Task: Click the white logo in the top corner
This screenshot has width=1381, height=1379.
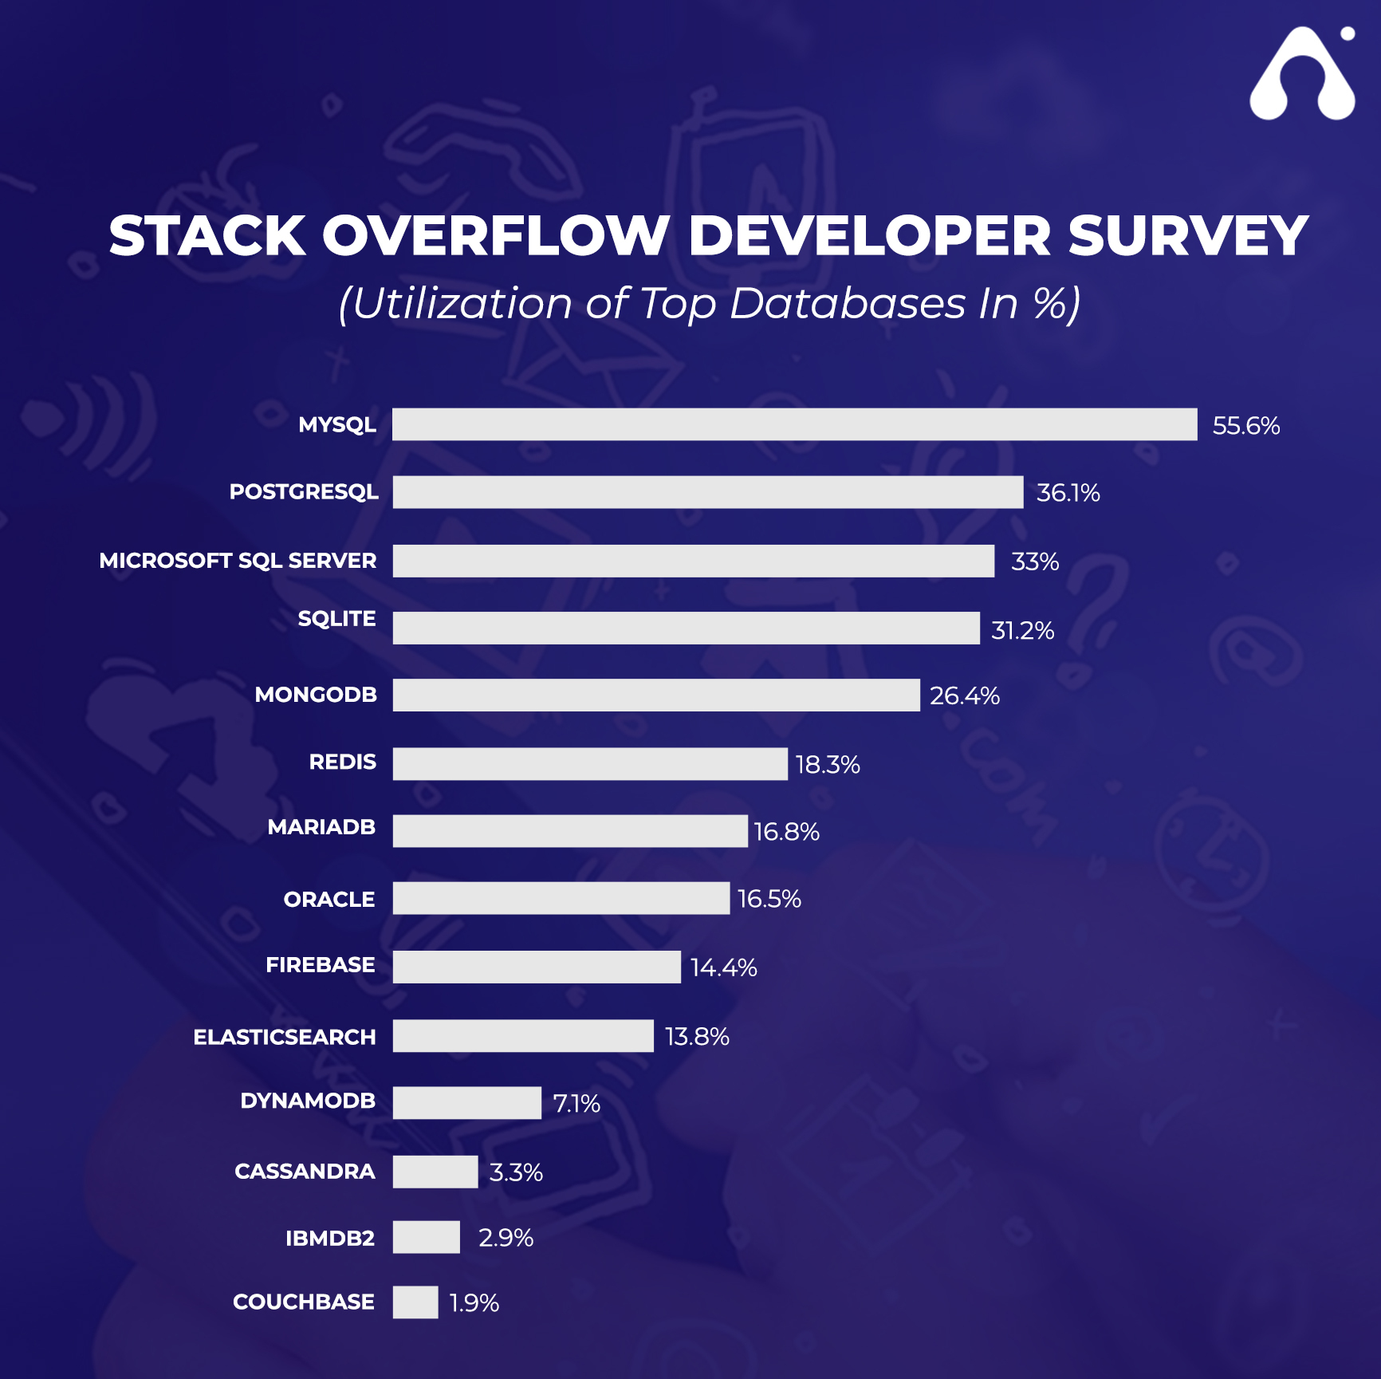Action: (1301, 77)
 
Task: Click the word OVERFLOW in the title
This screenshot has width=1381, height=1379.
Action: (494, 236)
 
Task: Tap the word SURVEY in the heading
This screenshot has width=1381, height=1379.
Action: (1187, 236)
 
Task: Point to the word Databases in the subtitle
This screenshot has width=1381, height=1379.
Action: (847, 304)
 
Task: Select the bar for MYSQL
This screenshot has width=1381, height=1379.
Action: (794, 424)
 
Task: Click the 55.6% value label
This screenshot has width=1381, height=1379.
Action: (1245, 426)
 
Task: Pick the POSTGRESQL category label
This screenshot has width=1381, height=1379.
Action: (304, 491)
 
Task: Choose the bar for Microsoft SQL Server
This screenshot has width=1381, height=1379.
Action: (693, 561)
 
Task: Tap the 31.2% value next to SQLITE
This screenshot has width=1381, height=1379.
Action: (1022, 631)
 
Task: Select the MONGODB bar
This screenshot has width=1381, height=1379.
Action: (655, 695)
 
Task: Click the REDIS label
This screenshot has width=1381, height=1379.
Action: (342, 762)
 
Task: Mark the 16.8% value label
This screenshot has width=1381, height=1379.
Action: (786, 832)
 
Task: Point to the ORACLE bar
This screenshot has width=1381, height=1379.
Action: (561, 898)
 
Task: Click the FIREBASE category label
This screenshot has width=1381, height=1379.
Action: (320, 965)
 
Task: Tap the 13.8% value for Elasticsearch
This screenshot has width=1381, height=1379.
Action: (697, 1036)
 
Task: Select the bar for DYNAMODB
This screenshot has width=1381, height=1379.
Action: (466, 1102)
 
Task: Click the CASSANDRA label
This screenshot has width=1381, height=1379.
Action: (304, 1171)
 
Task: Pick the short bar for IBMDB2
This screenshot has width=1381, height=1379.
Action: (426, 1237)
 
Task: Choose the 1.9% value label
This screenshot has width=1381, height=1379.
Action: (474, 1303)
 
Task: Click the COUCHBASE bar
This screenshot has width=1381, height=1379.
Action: (415, 1302)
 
